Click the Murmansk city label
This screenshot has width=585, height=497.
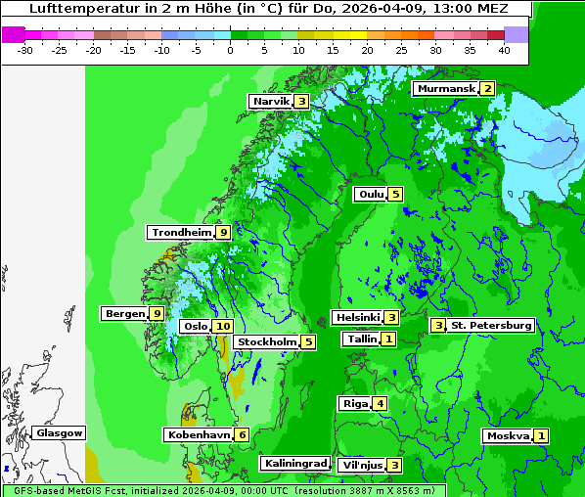pos(445,89)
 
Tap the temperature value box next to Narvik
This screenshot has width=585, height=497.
pos(301,102)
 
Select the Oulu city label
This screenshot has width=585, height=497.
pos(370,194)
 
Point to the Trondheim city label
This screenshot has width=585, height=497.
pos(181,233)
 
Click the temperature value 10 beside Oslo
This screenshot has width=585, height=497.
pos(223,327)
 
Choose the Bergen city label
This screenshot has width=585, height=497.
pos(124,314)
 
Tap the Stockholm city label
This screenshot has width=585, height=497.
pos(265,342)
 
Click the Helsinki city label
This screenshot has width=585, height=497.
pos(356,317)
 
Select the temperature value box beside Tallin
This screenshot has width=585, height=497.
pos(388,339)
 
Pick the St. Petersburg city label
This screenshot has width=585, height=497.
pos(490,325)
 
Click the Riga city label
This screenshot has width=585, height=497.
pos(354,404)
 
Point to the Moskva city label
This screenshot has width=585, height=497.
pos(508,436)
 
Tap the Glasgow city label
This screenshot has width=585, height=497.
pos(59,433)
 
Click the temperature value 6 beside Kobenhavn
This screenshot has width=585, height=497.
pos(242,434)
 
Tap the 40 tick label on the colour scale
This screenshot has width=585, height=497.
pos(504,50)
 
